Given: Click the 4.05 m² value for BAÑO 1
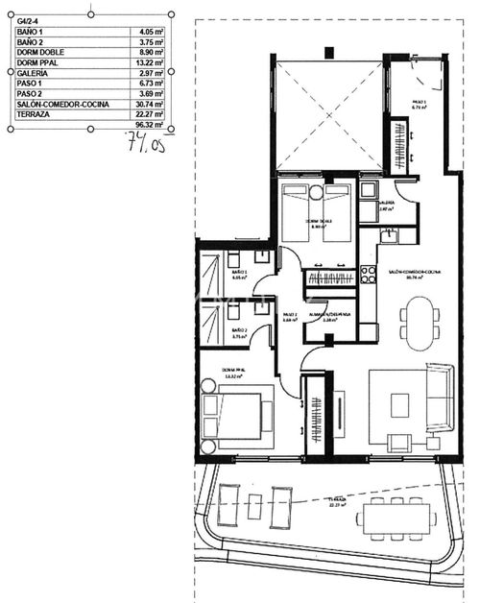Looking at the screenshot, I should [x=150, y=32].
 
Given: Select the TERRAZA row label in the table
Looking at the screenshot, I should [x=36, y=115].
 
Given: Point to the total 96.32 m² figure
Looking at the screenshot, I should [x=149, y=126].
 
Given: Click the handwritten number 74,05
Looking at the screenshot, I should [x=145, y=145].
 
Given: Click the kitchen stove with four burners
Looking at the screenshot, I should [x=367, y=275].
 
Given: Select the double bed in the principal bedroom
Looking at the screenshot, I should [x=234, y=419].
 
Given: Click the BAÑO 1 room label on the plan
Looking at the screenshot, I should [x=240, y=274].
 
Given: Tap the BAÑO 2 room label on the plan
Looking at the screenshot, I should [x=239, y=332].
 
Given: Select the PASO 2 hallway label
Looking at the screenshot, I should [x=289, y=316].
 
